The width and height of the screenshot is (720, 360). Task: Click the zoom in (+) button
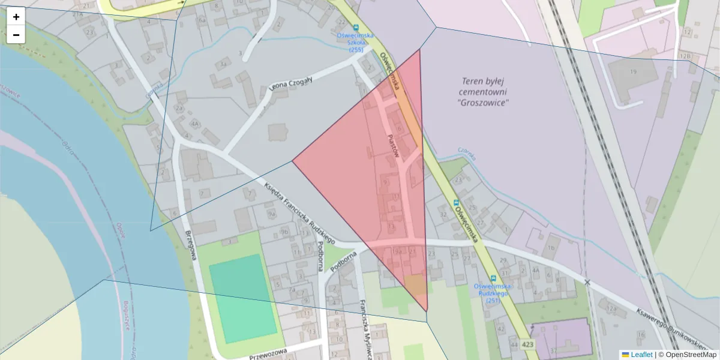[16, 17]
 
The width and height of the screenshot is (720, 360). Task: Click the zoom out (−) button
[16, 35]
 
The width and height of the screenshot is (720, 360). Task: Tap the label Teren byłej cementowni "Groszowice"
[484, 92]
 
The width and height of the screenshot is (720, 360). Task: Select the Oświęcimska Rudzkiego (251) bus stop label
[491, 293]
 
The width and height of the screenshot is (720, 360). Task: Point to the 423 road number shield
[527, 344]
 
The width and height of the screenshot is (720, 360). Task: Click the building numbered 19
[633, 73]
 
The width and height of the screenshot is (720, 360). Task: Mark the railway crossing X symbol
[587, 282]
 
